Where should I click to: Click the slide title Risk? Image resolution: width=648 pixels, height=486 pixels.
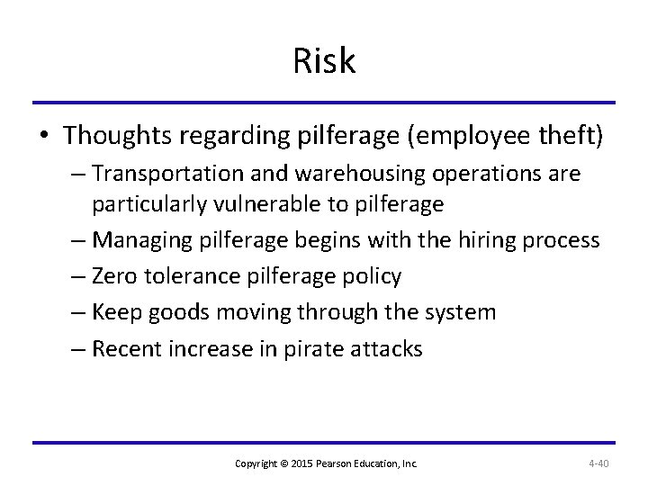point(324,61)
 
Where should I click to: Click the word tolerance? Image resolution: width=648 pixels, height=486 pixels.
point(191,275)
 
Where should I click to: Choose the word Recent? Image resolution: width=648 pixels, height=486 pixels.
point(127,347)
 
